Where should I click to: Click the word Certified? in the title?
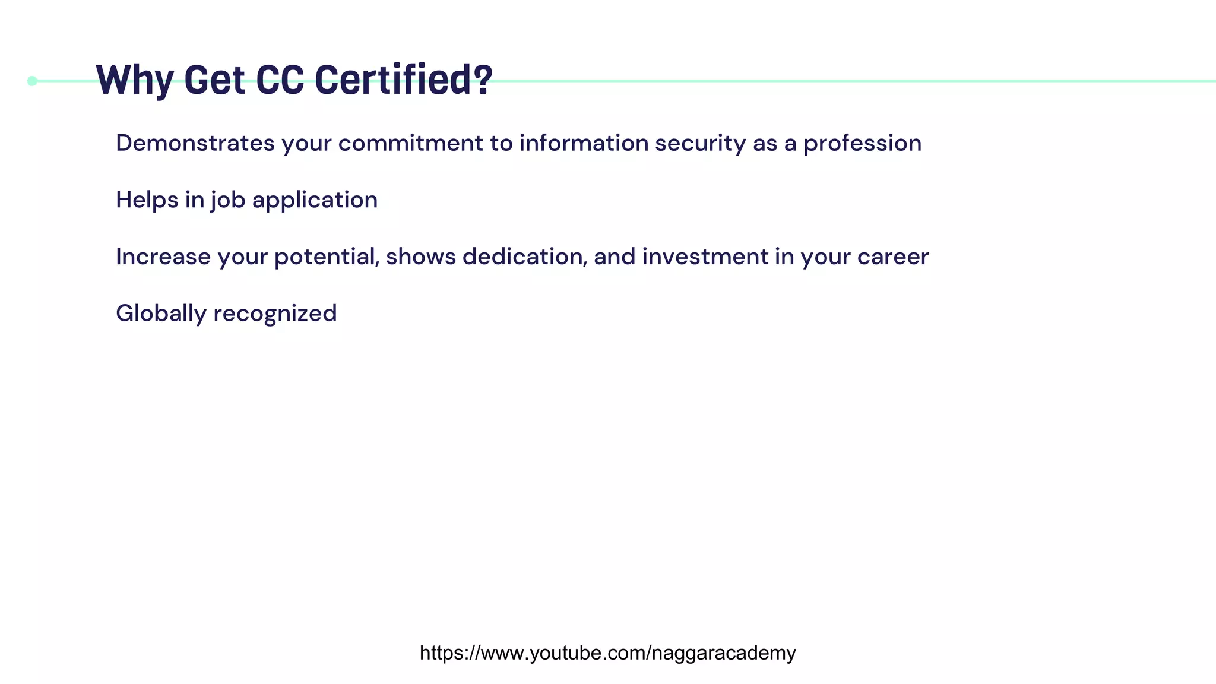tap(404, 80)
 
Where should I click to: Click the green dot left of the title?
tap(33, 81)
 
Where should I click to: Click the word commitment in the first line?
tap(411, 143)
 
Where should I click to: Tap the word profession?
tap(862, 143)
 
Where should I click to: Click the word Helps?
tap(147, 200)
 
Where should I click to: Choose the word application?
tap(315, 200)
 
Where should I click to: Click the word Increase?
tap(163, 257)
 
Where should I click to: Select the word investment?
tap(705, 257)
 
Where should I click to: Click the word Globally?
tap(161, 313)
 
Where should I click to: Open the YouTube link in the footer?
tap(607, 653)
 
